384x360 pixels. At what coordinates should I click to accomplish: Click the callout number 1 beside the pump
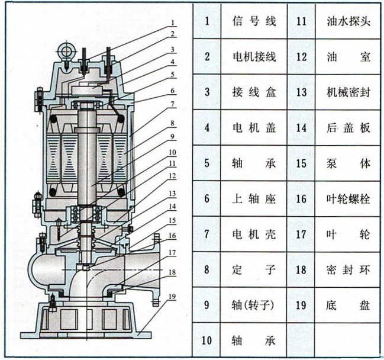pyautogui.click(x=173, y=23)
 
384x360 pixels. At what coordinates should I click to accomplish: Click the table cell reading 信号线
pyautogui.click(x=254, y=22)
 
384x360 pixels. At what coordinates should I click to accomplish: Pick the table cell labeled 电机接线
pyautogui.click(x=254, y=57)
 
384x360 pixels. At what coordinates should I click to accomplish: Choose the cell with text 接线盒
pyautogui.click(x=254, y=92)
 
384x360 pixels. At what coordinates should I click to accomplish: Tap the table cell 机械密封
pyautogui.click(x=348, y=92)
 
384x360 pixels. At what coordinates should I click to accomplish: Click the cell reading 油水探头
pyautogui.click(x=348, y=22)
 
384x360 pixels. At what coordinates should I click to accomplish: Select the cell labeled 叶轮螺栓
pyautogui.click(x=348, y=199)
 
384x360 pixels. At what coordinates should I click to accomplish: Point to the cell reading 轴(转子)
pyautogui.click(x=254, y=306)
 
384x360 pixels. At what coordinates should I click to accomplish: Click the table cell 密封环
pyautogui.click(x=348, y=270)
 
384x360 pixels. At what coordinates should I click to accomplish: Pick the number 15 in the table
pyautogui.click(x=301, y=163)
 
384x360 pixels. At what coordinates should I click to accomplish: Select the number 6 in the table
pyautogui.click(x=207, y=199)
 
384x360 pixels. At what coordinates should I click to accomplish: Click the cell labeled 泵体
pyautogui.click(x=348, y=163)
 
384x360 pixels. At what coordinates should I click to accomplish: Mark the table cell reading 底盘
pyautogui.click(x=348, y=306)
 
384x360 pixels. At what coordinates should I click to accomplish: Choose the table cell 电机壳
pyautogui.click(x=254, y=234)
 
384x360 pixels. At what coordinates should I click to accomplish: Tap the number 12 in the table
pyautogui.click(x=301, y=57)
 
